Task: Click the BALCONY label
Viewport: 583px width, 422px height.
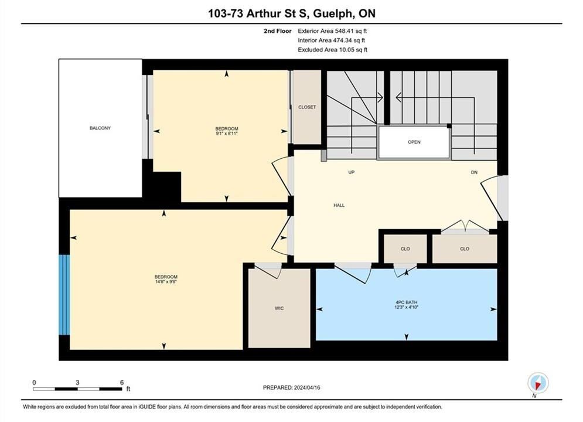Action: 100,128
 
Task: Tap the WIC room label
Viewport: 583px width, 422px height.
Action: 279,308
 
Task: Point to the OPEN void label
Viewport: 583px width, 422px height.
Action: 414,142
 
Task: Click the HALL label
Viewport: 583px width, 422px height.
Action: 339,205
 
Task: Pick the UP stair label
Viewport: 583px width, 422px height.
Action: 352,172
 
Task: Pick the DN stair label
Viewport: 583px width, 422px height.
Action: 474,172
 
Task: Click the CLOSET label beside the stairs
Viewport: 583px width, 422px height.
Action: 307,107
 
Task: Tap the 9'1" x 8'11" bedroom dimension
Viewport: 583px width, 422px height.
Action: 227,133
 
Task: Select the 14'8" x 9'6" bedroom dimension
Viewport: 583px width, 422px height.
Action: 166,281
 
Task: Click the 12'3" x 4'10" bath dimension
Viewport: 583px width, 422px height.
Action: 407,307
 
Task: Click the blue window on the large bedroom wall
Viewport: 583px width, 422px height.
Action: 64,295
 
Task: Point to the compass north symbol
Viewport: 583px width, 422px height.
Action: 538,383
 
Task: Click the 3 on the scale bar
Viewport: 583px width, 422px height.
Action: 77,382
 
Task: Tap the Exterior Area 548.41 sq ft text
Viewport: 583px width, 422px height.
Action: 332,31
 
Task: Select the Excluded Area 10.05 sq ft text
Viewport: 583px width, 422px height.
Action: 332,49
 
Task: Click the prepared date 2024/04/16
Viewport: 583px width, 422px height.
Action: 307,387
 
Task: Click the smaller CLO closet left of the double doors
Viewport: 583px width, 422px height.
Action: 405,249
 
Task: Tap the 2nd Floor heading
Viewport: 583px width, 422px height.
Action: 278,31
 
